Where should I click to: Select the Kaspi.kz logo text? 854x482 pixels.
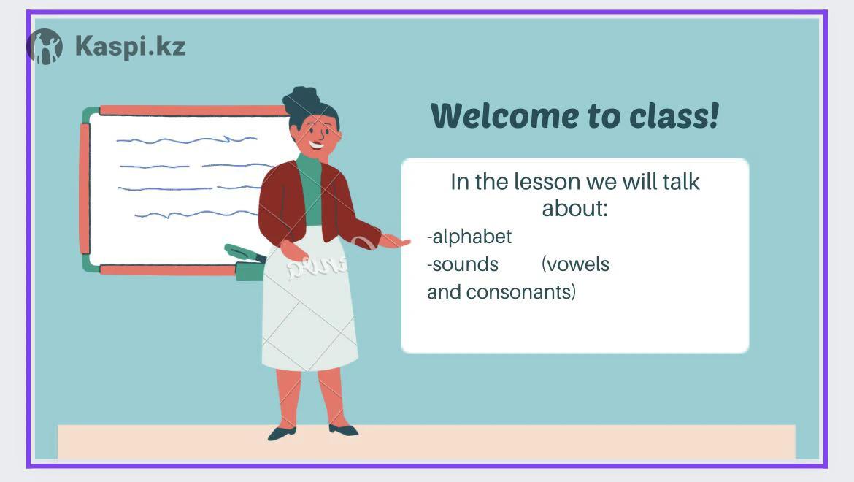(x=131, y=47)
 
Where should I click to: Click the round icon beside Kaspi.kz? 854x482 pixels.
(x=45, y=47)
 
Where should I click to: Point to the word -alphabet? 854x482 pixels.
(x=469, y=237)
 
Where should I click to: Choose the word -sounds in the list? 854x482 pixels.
(x=463, y=264)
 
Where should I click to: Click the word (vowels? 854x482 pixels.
(x=576, y=264)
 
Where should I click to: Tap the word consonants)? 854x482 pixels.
(x=520, y=292)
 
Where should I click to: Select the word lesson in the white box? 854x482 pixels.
(x=547, y=182)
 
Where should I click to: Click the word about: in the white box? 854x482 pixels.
(x=574, y=209)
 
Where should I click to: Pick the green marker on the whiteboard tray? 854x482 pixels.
(x=244, y=253)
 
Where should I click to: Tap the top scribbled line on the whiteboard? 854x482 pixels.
(x=187, y=140)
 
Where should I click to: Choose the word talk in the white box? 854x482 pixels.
(x=681, y=182)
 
